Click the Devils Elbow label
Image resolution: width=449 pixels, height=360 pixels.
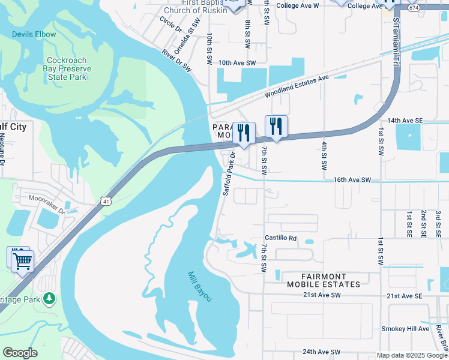click(34, 34)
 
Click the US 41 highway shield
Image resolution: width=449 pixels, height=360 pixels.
click(106, 199)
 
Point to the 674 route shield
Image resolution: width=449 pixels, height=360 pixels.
click(412, 8)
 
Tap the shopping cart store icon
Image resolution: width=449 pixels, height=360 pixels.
click(22, 260)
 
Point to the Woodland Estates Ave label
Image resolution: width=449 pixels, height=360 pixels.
click(298, 87)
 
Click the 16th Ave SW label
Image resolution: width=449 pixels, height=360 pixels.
click(352, 179)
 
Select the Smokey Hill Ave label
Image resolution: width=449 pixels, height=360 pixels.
click(406, 329)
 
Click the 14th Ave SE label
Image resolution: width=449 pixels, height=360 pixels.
click(406, 121)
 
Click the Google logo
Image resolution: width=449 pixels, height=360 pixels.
click(20, 353)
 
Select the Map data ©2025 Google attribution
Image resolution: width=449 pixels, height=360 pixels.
click(412, 355)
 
